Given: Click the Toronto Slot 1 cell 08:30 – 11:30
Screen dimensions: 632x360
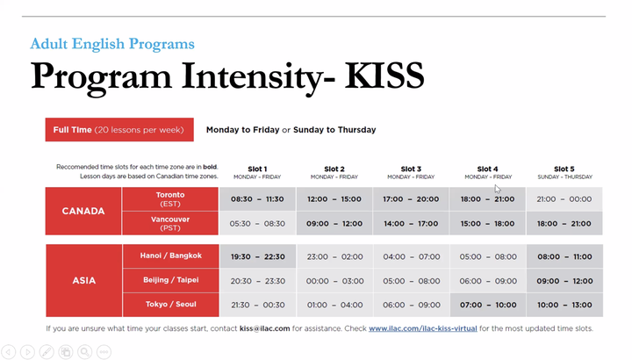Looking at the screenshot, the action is [257, 198].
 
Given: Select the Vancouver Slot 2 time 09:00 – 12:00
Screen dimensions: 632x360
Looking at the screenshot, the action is [334, 223].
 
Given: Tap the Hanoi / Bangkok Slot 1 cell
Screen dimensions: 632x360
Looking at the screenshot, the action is [257, 256].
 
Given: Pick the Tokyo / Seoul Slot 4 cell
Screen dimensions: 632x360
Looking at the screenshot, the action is [488, 305].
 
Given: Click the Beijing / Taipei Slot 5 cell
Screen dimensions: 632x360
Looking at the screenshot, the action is [564, 281].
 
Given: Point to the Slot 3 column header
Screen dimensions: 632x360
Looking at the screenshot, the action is [411, 172].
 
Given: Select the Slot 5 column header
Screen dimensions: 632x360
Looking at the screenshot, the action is [564, 172].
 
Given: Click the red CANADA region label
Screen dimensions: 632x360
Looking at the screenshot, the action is [83, 211].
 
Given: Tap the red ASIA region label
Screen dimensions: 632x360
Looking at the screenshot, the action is [84, 281].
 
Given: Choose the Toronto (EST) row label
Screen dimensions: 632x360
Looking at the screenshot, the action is [170, 198].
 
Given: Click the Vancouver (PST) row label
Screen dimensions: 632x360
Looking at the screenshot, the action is [170, 223].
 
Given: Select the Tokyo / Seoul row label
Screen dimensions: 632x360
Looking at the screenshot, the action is [171, 305].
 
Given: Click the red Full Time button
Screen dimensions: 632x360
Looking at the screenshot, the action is [119, 129].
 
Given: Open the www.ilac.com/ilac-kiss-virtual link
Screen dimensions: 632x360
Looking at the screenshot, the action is [423, 328].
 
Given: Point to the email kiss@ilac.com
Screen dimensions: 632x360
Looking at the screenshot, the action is [264, 328].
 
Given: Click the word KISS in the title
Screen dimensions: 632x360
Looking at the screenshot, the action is [384, 76].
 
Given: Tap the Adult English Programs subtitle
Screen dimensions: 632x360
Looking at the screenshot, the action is [112, 44].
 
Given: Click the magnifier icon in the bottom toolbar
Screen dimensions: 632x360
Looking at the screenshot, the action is [84, 352].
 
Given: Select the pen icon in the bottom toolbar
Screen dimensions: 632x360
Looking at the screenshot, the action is [47, 352].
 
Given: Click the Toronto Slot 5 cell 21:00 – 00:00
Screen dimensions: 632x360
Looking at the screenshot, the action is [564, 198].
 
